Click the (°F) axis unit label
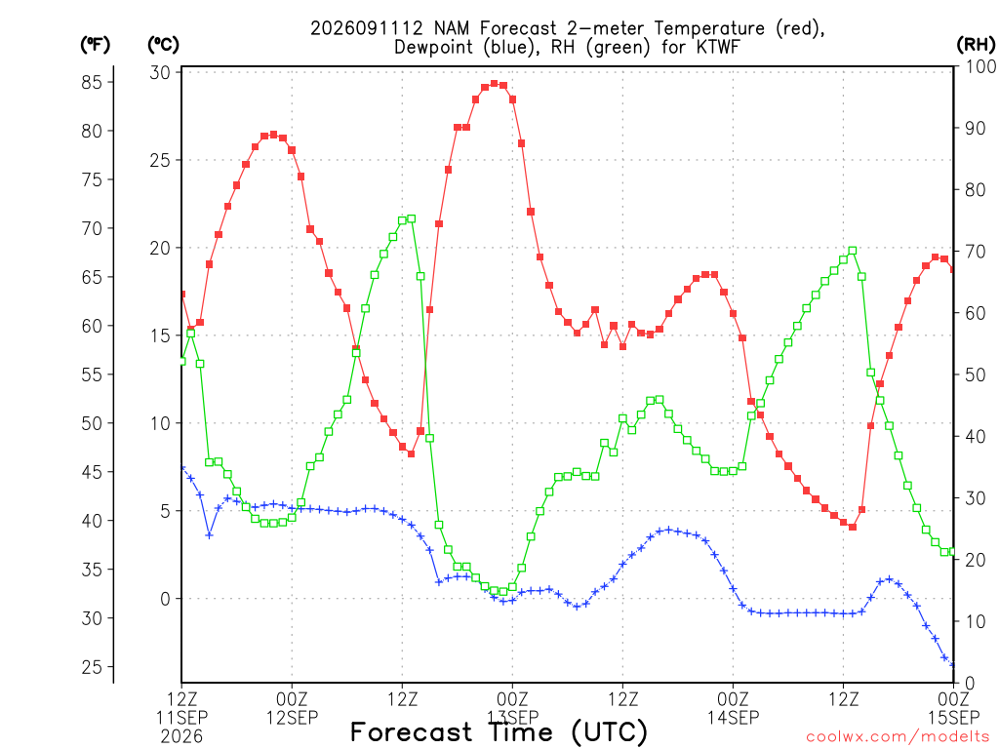[95, 45]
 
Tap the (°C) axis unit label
[163, 45]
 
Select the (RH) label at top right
[975, 45]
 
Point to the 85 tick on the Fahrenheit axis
[91, 82]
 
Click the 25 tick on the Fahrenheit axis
[91, 667]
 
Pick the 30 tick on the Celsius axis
[160, 72]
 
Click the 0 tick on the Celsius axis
[166, 599]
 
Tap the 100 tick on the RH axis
[980, 66]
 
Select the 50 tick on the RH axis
[976, 374]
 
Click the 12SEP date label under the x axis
[292, 718]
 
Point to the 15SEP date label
[953, 718]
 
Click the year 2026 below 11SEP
[181, 736]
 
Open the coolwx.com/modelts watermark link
[899, 737]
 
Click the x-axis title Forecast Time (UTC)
[499, 732]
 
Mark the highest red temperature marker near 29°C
[494, 84]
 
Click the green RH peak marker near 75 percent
[411, 219]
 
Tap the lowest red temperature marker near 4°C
[853, 527]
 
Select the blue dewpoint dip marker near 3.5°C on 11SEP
[209, 535]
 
